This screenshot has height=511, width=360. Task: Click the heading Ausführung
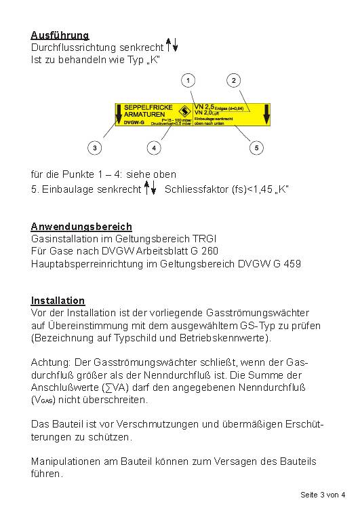[x=60, y=35]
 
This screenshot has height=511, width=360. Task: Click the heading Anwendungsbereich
[x=81, y=227]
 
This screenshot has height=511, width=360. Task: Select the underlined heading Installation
[x=58, y=301]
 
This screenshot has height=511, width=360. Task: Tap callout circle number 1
[x=188, y=81]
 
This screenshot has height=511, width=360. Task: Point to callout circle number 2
[x=234, y=81]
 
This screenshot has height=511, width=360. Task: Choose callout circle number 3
[x=95, y=147]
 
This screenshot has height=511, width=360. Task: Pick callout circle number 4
[x=155, y=147]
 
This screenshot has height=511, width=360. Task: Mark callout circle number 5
[x=256, y=147]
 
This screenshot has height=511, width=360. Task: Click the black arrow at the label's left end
[x=119, y=113]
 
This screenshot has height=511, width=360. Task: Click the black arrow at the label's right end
[x=266, y=113]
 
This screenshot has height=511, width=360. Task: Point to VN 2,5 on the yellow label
[x=204, y=107]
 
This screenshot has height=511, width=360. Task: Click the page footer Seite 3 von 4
[x=323, y=495]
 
